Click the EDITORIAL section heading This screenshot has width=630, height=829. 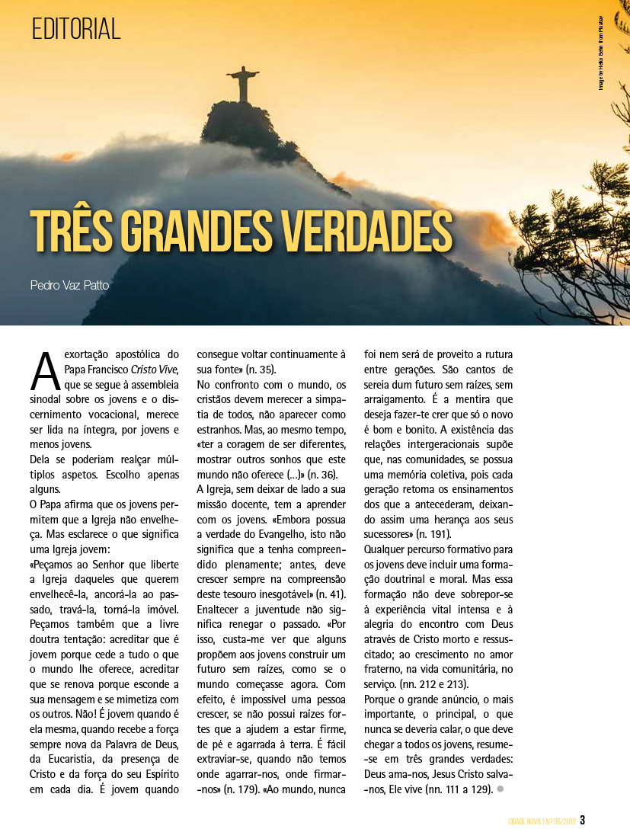tap(76, 29)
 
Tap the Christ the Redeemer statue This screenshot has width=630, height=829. tap(242, 84)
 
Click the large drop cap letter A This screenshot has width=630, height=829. tap(45, 370)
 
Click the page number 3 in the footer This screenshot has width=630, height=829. tap(583, 820)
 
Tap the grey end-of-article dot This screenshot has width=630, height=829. tap(500, 789)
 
